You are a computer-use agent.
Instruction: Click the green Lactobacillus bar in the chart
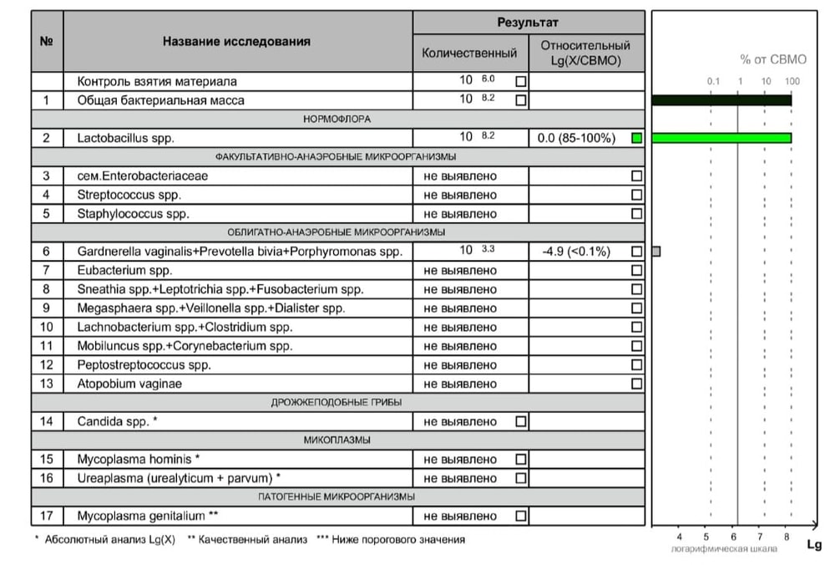coord(721,138)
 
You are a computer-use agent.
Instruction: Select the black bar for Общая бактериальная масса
coord(721,100)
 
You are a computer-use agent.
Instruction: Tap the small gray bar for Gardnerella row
coord(656,251)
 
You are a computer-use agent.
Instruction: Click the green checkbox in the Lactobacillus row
coord(636,138)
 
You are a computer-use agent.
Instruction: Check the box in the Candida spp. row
coord(521,421)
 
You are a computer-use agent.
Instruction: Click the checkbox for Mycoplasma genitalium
coord(521,516)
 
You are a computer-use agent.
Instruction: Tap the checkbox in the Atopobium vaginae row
coord(636,384)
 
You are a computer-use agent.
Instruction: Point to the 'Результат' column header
coord(528,23)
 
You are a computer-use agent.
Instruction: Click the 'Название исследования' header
coord(236,41)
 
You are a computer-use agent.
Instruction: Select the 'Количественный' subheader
coord(469,53)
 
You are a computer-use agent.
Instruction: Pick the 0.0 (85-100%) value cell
coord(577,138)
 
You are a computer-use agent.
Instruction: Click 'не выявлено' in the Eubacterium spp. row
coord(460,270)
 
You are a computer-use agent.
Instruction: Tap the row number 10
coord(47,327)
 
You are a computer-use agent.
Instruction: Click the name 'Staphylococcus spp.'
coord(133,213)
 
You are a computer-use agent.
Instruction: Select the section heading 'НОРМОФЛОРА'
coord(337,120)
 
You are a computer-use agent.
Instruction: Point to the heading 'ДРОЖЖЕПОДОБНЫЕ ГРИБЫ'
coord(337,403)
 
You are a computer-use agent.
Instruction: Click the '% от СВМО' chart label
coord(773,59)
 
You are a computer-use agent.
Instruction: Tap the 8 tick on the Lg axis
coord(787,537)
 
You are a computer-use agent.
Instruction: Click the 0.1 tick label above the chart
coord(713,81)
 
